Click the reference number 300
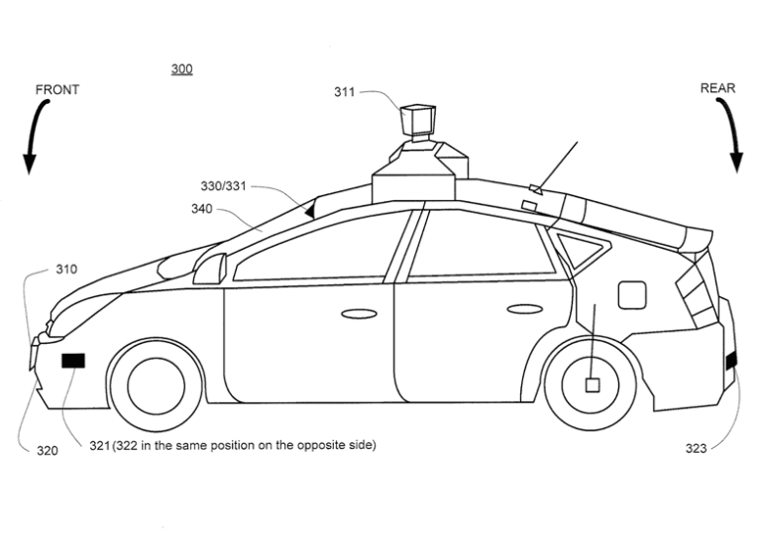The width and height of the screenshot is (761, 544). click(181, 69)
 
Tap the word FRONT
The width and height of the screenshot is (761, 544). click(56, 89)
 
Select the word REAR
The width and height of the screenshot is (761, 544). click(717, 88)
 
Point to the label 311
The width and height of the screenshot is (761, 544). click(345, 92)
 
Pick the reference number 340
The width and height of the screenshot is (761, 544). click(202, 209)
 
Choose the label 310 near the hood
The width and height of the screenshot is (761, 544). click(66, 269)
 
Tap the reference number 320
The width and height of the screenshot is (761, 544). click(47, 450)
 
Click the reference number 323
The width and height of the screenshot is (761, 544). click(697, 449)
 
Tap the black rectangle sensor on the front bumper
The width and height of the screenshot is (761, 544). click(74, 361)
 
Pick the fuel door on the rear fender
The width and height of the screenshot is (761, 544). click(632, 294)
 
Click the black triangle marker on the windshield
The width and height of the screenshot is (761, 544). click(310, 209)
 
